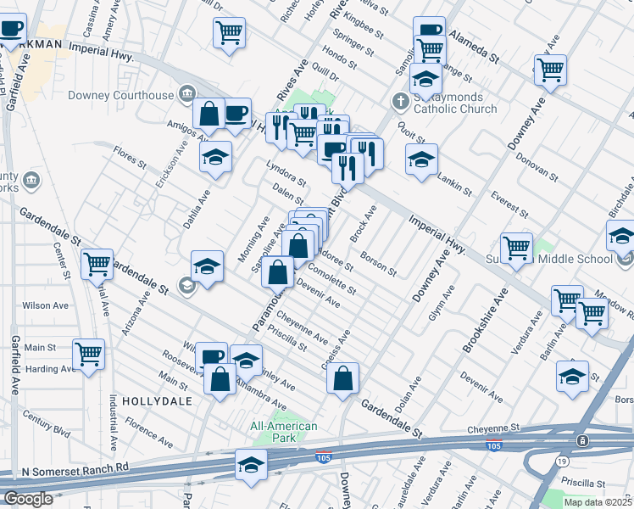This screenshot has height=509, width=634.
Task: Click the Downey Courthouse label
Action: point(129,96)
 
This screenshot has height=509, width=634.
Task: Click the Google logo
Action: point(28,499)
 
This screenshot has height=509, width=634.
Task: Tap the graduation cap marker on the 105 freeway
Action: point(251,465)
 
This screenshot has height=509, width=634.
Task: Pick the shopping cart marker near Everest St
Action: point(516,248)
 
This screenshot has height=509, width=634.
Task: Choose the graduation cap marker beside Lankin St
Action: point(421,159)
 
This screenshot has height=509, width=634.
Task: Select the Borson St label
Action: point(379,264)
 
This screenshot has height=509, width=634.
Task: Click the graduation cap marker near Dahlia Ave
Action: point(216,156)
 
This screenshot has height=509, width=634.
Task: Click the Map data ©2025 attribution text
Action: point(598,502)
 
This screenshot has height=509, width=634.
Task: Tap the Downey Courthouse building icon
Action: point(186,95)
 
